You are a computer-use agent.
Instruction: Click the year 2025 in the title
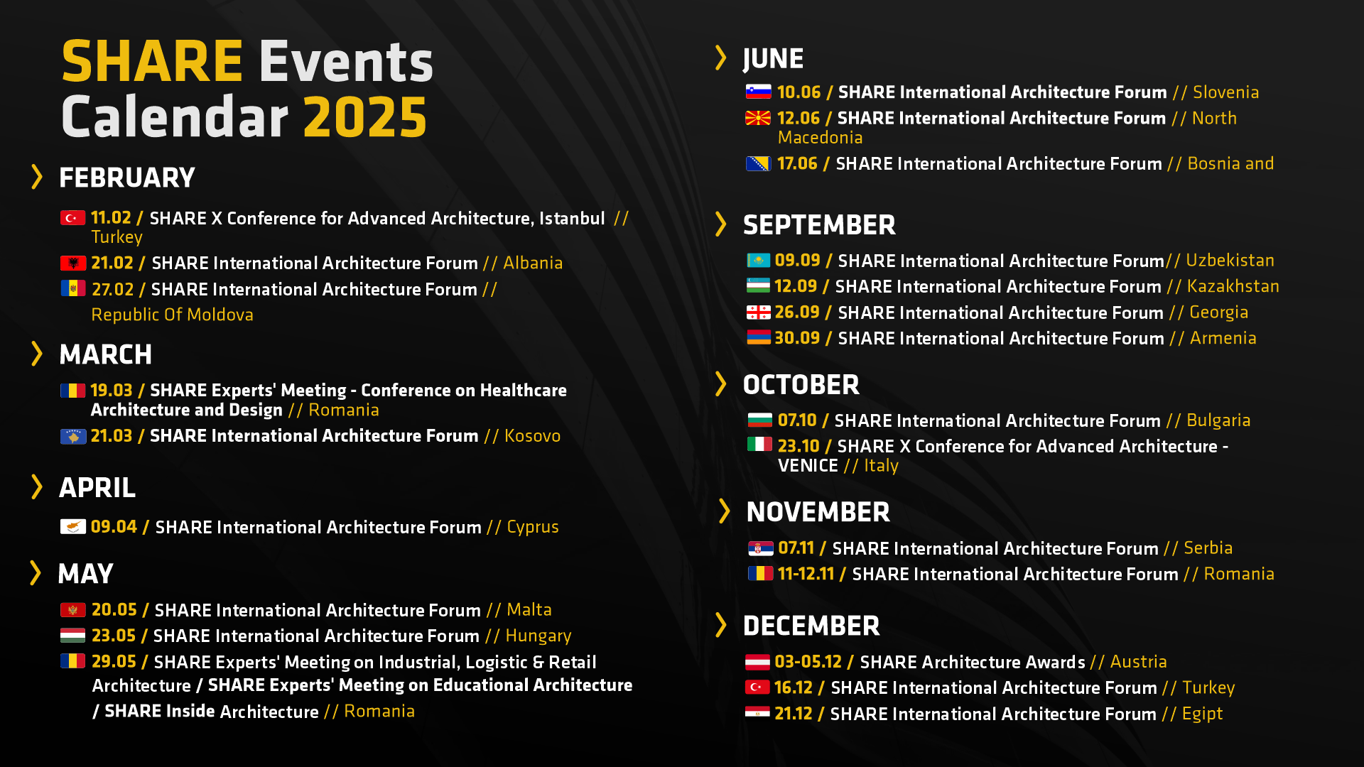point(365,117)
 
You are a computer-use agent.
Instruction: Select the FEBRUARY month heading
point(127,178)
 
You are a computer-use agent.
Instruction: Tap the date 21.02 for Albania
point(112,263)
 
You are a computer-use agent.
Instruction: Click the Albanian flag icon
point(73,263)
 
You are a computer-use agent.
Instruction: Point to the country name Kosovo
point(532,435)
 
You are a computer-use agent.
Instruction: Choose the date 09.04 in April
point(114,526)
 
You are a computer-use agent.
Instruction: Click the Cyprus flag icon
point(73,526)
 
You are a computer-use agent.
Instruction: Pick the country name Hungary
point(538,636)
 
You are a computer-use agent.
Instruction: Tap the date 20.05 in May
point(114,609)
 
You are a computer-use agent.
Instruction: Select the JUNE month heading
point(773,59)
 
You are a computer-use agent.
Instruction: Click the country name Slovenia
point(1225,92)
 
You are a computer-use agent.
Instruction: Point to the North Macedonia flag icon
point(758,118)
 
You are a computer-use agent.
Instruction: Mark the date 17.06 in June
point(797,163)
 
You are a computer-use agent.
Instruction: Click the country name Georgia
point(1218,312)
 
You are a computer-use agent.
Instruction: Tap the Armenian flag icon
point(759,337)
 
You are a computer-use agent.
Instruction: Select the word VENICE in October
point(808,466)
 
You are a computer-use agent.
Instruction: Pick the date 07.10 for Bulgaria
point(797,420)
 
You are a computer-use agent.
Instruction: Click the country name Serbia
point(1208,548)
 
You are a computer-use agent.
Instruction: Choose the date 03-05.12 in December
point(808,662)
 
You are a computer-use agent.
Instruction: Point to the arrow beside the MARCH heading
point(37,354)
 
